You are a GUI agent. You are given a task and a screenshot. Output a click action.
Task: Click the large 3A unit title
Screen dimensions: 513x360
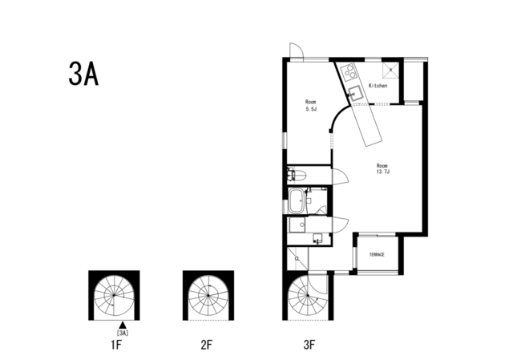coord(83,74)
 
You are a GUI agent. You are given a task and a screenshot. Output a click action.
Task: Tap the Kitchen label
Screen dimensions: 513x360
coord(378,86)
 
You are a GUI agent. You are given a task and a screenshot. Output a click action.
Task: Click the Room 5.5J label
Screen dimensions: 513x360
coord(311,105)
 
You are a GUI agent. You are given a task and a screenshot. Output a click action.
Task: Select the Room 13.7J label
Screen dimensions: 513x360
coord(382,168)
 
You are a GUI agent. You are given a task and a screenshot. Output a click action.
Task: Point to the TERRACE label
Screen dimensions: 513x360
coord(377,255)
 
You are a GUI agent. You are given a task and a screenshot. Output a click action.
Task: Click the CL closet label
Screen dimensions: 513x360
coord(297,258)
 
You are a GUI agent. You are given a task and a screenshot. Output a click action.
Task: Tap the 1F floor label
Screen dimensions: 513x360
coord(115,345)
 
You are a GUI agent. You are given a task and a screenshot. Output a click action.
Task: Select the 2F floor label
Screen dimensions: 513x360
coord(207,345)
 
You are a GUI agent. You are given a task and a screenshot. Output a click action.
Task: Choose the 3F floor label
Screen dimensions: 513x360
coord(309,345)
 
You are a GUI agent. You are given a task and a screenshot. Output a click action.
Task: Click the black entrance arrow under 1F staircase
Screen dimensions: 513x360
coord(123,325)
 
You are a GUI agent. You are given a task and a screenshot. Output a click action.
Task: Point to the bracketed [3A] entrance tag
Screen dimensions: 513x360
coord(123,334)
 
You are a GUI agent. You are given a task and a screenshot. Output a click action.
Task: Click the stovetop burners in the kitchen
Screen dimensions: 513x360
coord(349,71)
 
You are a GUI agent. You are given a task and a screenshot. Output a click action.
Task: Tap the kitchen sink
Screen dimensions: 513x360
coord(354,93)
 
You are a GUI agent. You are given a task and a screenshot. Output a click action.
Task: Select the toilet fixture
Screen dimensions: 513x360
coord(297,176)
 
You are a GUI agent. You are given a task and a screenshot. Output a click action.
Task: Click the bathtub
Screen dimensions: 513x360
coord(297,201)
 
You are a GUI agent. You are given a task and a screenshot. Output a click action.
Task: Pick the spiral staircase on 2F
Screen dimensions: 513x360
coord(208,296)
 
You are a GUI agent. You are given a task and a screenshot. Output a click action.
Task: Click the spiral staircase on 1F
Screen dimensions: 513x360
coord(114,296)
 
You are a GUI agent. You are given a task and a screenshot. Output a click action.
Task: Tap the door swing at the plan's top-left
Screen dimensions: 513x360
coord(297,51)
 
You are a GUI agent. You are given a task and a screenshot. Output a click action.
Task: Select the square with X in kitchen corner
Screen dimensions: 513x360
coord(390,71)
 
